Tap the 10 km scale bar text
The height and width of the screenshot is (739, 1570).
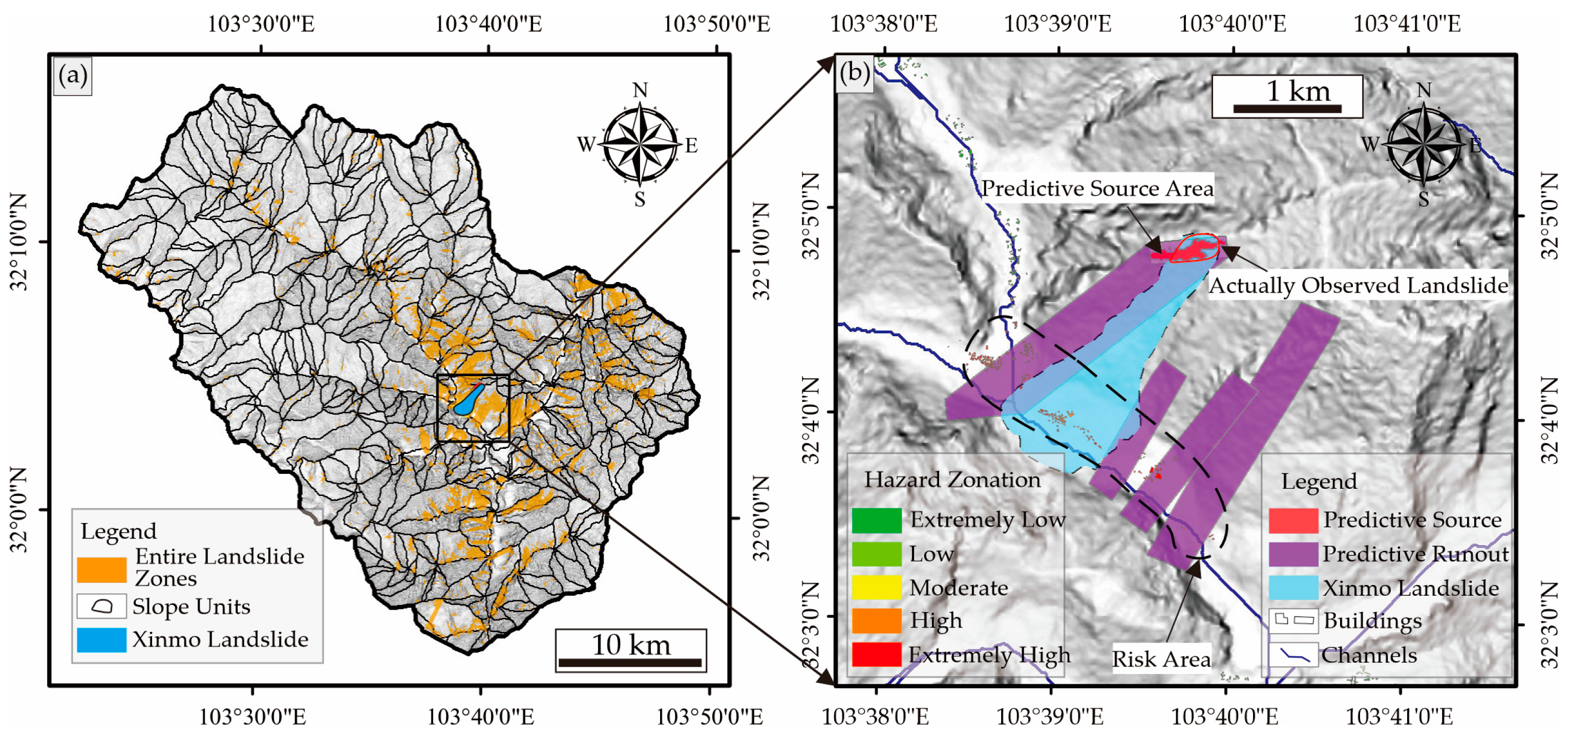pyautogui.click(x=631, y=644)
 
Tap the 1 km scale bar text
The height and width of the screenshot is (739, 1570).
pyautogui.click(x=1298, y=92)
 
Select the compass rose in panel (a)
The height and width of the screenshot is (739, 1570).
pyautogui.click(x=640, y=144)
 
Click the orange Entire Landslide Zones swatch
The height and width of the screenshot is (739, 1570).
pyautogui.click(x=102, y=569)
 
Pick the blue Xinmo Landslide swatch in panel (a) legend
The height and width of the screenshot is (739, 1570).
pyautogui.click(x=102, y=640)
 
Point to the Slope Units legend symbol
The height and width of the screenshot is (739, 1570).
pyautogui.click(x=102, y=606)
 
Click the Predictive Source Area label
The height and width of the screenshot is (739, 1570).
pyautogui.click(x=1097, y=188)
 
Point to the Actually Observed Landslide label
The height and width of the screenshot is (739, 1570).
pyautogui.click(x=1358, y=285)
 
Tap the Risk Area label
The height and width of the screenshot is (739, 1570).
pyautogui.click(x=1161, y=659)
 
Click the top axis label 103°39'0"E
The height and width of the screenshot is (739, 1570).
pyautogui.click(x=1057, y=25)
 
